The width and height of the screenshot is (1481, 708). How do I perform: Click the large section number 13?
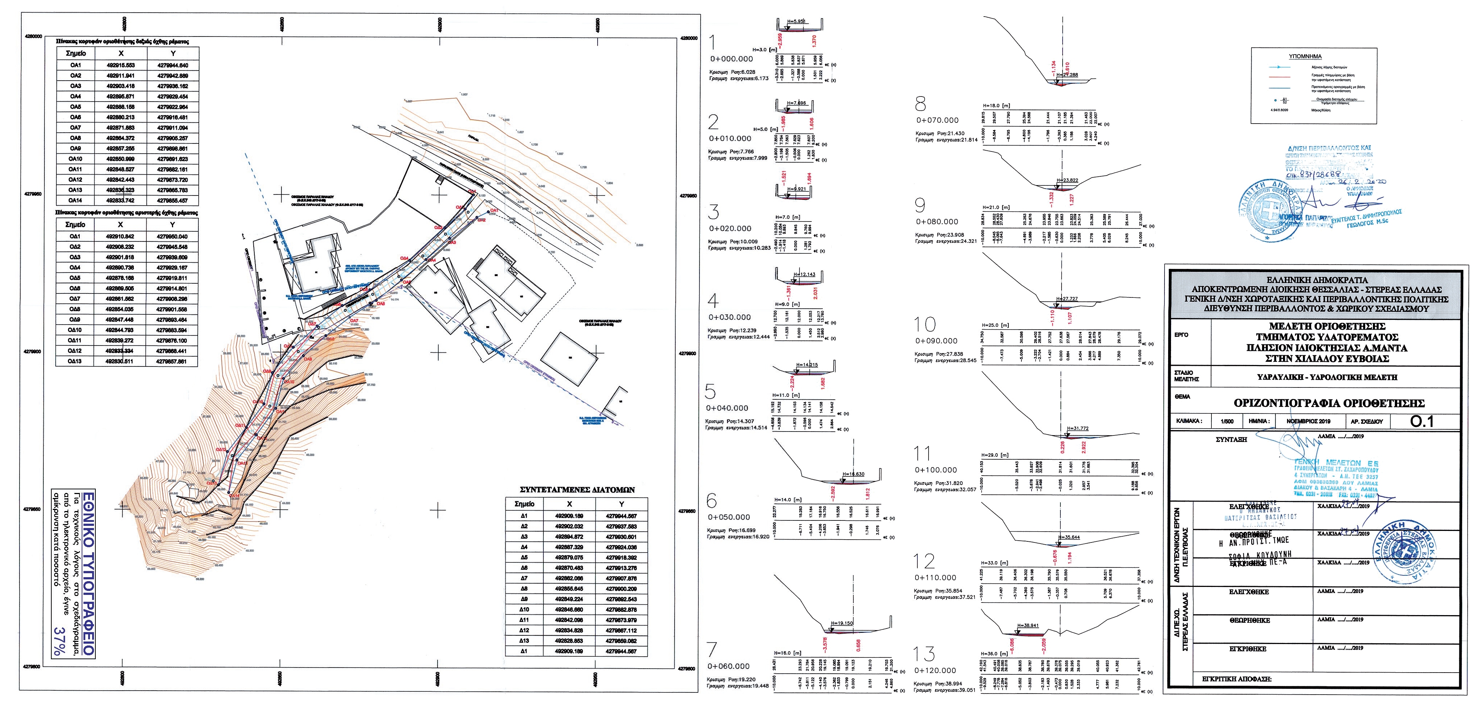coord(925,654)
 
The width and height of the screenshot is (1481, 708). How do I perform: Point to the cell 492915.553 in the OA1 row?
coord(121,65)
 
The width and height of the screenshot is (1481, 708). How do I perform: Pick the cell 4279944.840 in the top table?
coord(172,65)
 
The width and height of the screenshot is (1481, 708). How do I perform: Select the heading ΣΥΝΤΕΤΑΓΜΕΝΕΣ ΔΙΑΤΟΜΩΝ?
coord(577,490)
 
